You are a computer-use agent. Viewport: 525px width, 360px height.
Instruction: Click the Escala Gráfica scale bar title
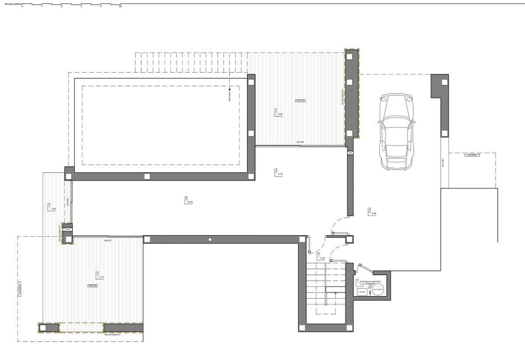point(12,4)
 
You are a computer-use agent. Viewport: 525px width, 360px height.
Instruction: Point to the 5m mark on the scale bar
point(120,7)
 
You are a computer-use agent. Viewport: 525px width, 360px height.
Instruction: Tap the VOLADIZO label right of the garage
point(472,155)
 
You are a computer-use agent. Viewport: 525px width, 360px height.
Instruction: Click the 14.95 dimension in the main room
point(189,202)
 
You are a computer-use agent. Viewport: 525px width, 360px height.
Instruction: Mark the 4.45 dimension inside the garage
point(374,213)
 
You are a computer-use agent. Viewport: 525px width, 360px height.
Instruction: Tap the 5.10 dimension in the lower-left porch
point(101,277)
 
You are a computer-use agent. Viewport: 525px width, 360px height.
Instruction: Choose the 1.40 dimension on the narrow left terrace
point(53,209)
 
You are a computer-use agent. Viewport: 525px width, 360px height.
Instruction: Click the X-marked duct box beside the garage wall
point(350,152)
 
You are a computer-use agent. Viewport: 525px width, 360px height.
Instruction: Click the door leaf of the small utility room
point(364,266)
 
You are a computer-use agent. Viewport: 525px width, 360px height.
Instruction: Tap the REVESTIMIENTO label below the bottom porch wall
point(112,334)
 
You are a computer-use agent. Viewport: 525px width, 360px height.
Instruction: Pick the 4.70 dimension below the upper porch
point(281,174)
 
